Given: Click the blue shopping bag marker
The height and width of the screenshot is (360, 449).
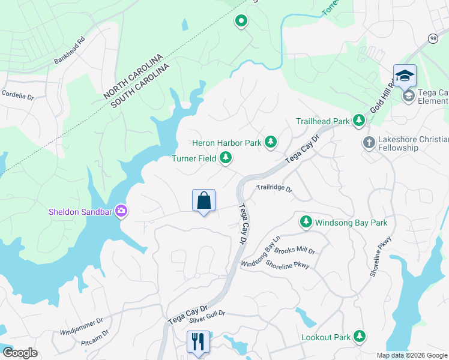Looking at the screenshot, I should tap(203, 200).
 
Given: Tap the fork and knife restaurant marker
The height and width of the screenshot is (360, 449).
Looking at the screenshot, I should tap(198, 343).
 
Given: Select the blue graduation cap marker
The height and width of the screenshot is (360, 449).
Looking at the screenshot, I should tap(405, 76).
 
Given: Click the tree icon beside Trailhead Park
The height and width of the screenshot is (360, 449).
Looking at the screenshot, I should tap(359, 121).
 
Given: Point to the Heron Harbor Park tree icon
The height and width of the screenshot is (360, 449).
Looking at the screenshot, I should tap(271, 142).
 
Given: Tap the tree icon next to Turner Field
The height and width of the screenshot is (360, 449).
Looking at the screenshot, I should tap(226, 158).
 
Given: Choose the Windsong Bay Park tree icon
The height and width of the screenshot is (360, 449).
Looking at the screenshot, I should tap(306, 223).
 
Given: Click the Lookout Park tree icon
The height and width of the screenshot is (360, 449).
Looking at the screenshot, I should tap(360, 337).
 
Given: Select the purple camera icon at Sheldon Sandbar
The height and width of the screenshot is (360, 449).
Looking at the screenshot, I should tap(121, 211).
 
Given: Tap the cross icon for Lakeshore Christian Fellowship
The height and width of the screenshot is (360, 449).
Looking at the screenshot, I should tap(369, 143).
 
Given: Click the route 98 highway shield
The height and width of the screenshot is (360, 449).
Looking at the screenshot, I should tap(433, 38).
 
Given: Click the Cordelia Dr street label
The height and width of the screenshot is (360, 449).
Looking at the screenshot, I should tap(18, 94).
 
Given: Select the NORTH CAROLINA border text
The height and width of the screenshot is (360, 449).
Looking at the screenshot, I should tap(133, 76).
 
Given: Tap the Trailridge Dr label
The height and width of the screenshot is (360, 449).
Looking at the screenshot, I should tap(274, 188).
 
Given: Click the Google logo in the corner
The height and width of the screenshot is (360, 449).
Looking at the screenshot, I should tap(20, 352).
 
